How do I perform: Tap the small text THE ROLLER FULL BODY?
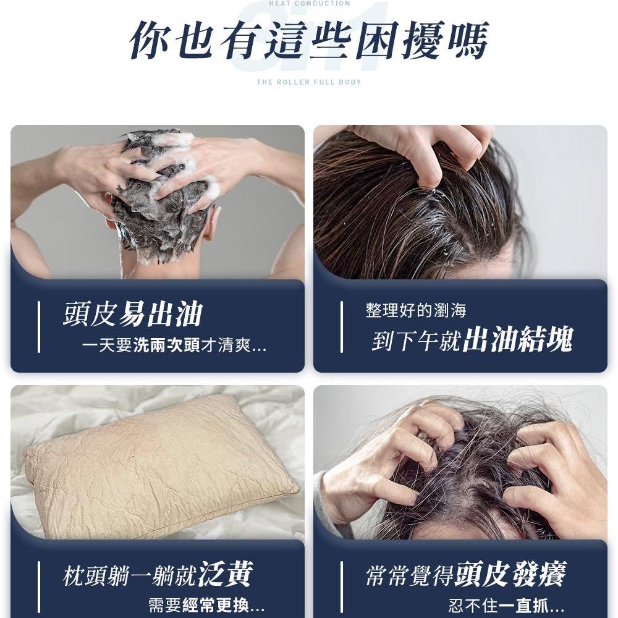[x=309, y=82]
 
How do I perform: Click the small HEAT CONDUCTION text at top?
[x=310, y=4]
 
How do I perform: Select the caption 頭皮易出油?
[x=132, y=315]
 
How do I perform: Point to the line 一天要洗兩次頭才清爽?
[x=174, y=346]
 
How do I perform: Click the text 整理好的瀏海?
[x=416, y=310]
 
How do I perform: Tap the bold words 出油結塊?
[x=518, y=340]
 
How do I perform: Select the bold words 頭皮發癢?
[x=510, y=574]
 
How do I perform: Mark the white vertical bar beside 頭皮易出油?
[x=39, y=327]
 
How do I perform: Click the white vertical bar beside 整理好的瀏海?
[x=342, y=327]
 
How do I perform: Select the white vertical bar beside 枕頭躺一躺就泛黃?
[x=39, y=587]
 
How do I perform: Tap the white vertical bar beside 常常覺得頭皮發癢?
[x=342, y=587]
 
